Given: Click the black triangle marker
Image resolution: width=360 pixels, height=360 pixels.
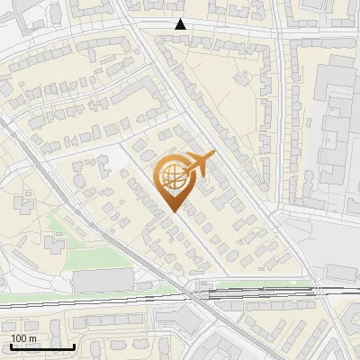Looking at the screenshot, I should pyautogui.click(x=181, y=24).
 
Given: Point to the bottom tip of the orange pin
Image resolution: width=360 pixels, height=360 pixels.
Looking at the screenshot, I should pyautogui.click(x=174, y=211).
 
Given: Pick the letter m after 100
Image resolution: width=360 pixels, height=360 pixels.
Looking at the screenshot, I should pyautogui.click(x=32, y=337).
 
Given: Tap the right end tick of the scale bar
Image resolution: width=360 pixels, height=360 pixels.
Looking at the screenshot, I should pyautogui.click(x=74, y=346).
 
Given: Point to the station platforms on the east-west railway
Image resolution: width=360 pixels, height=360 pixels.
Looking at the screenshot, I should pyautogui.click(x=261, y=291).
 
